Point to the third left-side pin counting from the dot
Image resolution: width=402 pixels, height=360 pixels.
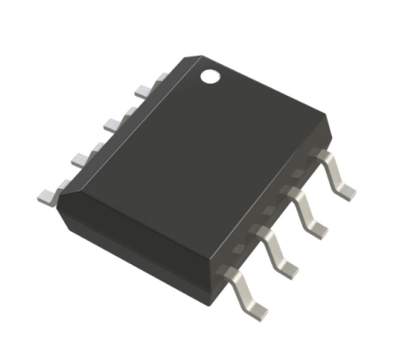[x=81, y=157]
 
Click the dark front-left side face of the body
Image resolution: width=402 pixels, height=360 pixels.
[x=137, y=248]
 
